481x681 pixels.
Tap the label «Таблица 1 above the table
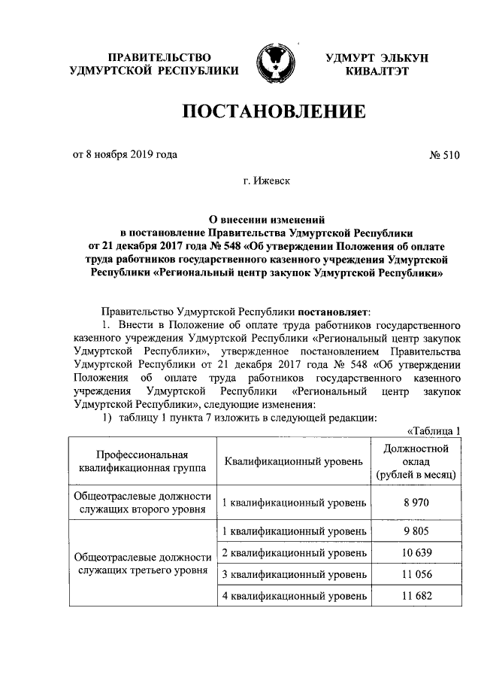coord(433,430)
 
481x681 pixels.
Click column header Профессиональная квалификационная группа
coord(142,461)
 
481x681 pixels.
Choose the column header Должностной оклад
coord(416,461)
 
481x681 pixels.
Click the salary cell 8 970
coord(416,501)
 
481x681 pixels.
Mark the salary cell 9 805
coord(416,531)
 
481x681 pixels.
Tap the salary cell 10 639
coord(416,553)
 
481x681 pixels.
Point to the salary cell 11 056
coord(416,575)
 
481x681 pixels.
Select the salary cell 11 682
coord(416,596)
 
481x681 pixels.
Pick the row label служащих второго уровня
coord(142,509)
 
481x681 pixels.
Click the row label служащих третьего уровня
coord(142,571)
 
